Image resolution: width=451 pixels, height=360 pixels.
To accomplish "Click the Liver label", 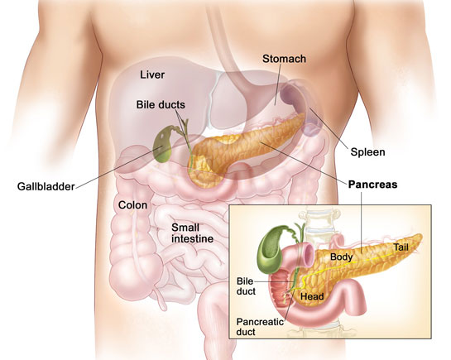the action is (x=152, y=74).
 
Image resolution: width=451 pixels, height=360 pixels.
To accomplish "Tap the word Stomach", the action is (x=284, y=59).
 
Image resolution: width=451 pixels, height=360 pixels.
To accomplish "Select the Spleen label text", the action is (x=367, y=152).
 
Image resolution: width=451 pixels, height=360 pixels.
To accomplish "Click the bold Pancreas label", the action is (x=372, y=185).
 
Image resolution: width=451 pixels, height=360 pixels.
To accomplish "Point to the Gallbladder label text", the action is (x=46, y=186).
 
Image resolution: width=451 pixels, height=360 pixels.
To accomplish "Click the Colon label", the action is (x=132, y=205).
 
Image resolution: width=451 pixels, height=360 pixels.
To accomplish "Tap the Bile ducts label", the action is (x=161, y=104).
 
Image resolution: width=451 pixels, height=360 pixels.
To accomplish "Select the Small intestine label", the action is (x=193, y=233).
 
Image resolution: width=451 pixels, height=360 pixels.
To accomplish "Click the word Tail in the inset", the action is (x=401, y=247).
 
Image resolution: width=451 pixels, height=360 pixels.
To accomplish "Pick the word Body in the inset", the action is (x=342, y=257).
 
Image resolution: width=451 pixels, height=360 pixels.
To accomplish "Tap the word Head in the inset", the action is (x=312, y=296).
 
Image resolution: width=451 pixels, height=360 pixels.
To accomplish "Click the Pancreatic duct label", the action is (x=260, y=327).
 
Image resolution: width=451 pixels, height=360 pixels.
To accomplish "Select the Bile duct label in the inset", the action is (x=246, y=286).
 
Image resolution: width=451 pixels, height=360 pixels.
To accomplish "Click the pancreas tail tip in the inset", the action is (x=420, y=238).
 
